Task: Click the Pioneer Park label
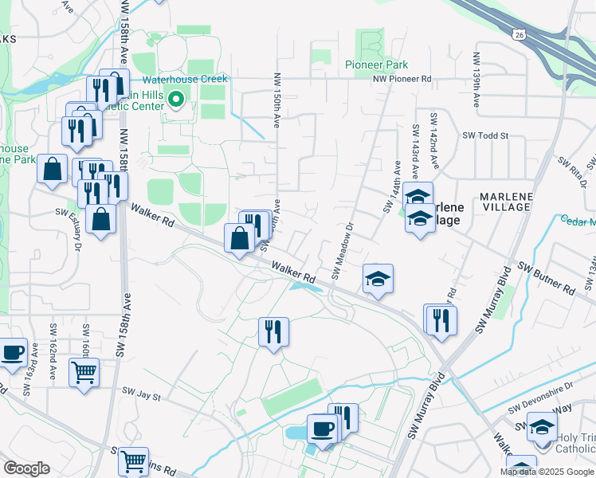[x=376, y=65]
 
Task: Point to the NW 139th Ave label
[x=476, y=80]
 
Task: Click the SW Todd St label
[x=485, y=135]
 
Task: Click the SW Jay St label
[x=141, y=394]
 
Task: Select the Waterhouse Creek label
[x=185, y=79]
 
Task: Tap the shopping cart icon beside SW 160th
[x=84, y=372]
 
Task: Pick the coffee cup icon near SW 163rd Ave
[x=13, y=352]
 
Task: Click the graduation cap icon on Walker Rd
[x=378, y=278]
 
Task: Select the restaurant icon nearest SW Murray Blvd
[x=441, y=319]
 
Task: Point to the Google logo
[x=27, y=468]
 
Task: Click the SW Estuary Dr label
[x=71, y=230]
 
